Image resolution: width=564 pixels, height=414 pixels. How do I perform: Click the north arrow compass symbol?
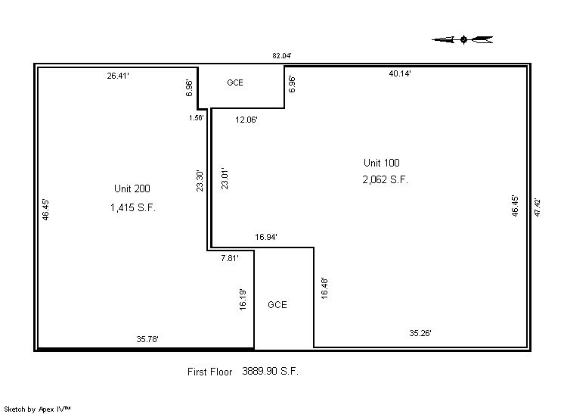pos(463,39)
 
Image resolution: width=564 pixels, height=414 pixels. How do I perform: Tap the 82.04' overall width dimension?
pos(282,56)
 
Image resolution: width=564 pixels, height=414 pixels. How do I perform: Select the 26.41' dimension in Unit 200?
pos(118,76)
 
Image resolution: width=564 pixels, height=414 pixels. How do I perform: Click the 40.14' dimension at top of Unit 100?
pos(400,73)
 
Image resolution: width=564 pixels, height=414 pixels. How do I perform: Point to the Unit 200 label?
pos(132,188)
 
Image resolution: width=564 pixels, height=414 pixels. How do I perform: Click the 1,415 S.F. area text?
pos(133,207)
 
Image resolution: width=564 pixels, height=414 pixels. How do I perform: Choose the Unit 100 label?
pos(382,163)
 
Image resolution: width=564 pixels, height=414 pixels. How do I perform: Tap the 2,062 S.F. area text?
pos(386,179)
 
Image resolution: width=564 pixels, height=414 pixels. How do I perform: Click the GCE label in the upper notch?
pos(235,82)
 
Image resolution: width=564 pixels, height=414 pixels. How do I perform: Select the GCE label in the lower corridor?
pos(277,305)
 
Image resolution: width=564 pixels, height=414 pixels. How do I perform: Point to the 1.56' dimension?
pos(197,118)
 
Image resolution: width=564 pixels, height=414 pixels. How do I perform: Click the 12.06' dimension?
pos(246,120)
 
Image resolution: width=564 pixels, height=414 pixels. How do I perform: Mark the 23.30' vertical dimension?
pos(200,181)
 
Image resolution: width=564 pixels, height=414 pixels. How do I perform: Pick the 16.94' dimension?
pos(266,237)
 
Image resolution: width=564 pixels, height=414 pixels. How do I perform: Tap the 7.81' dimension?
pos(230,258)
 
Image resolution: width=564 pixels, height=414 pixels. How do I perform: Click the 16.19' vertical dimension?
pos(243,300)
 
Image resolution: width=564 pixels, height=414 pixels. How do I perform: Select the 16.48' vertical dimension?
pos(324,288)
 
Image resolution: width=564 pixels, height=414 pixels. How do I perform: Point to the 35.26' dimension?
pos(420,333)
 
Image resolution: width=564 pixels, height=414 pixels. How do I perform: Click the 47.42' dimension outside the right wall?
pos(538,207)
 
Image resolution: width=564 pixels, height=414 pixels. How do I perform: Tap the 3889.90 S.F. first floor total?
pos(271,371)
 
